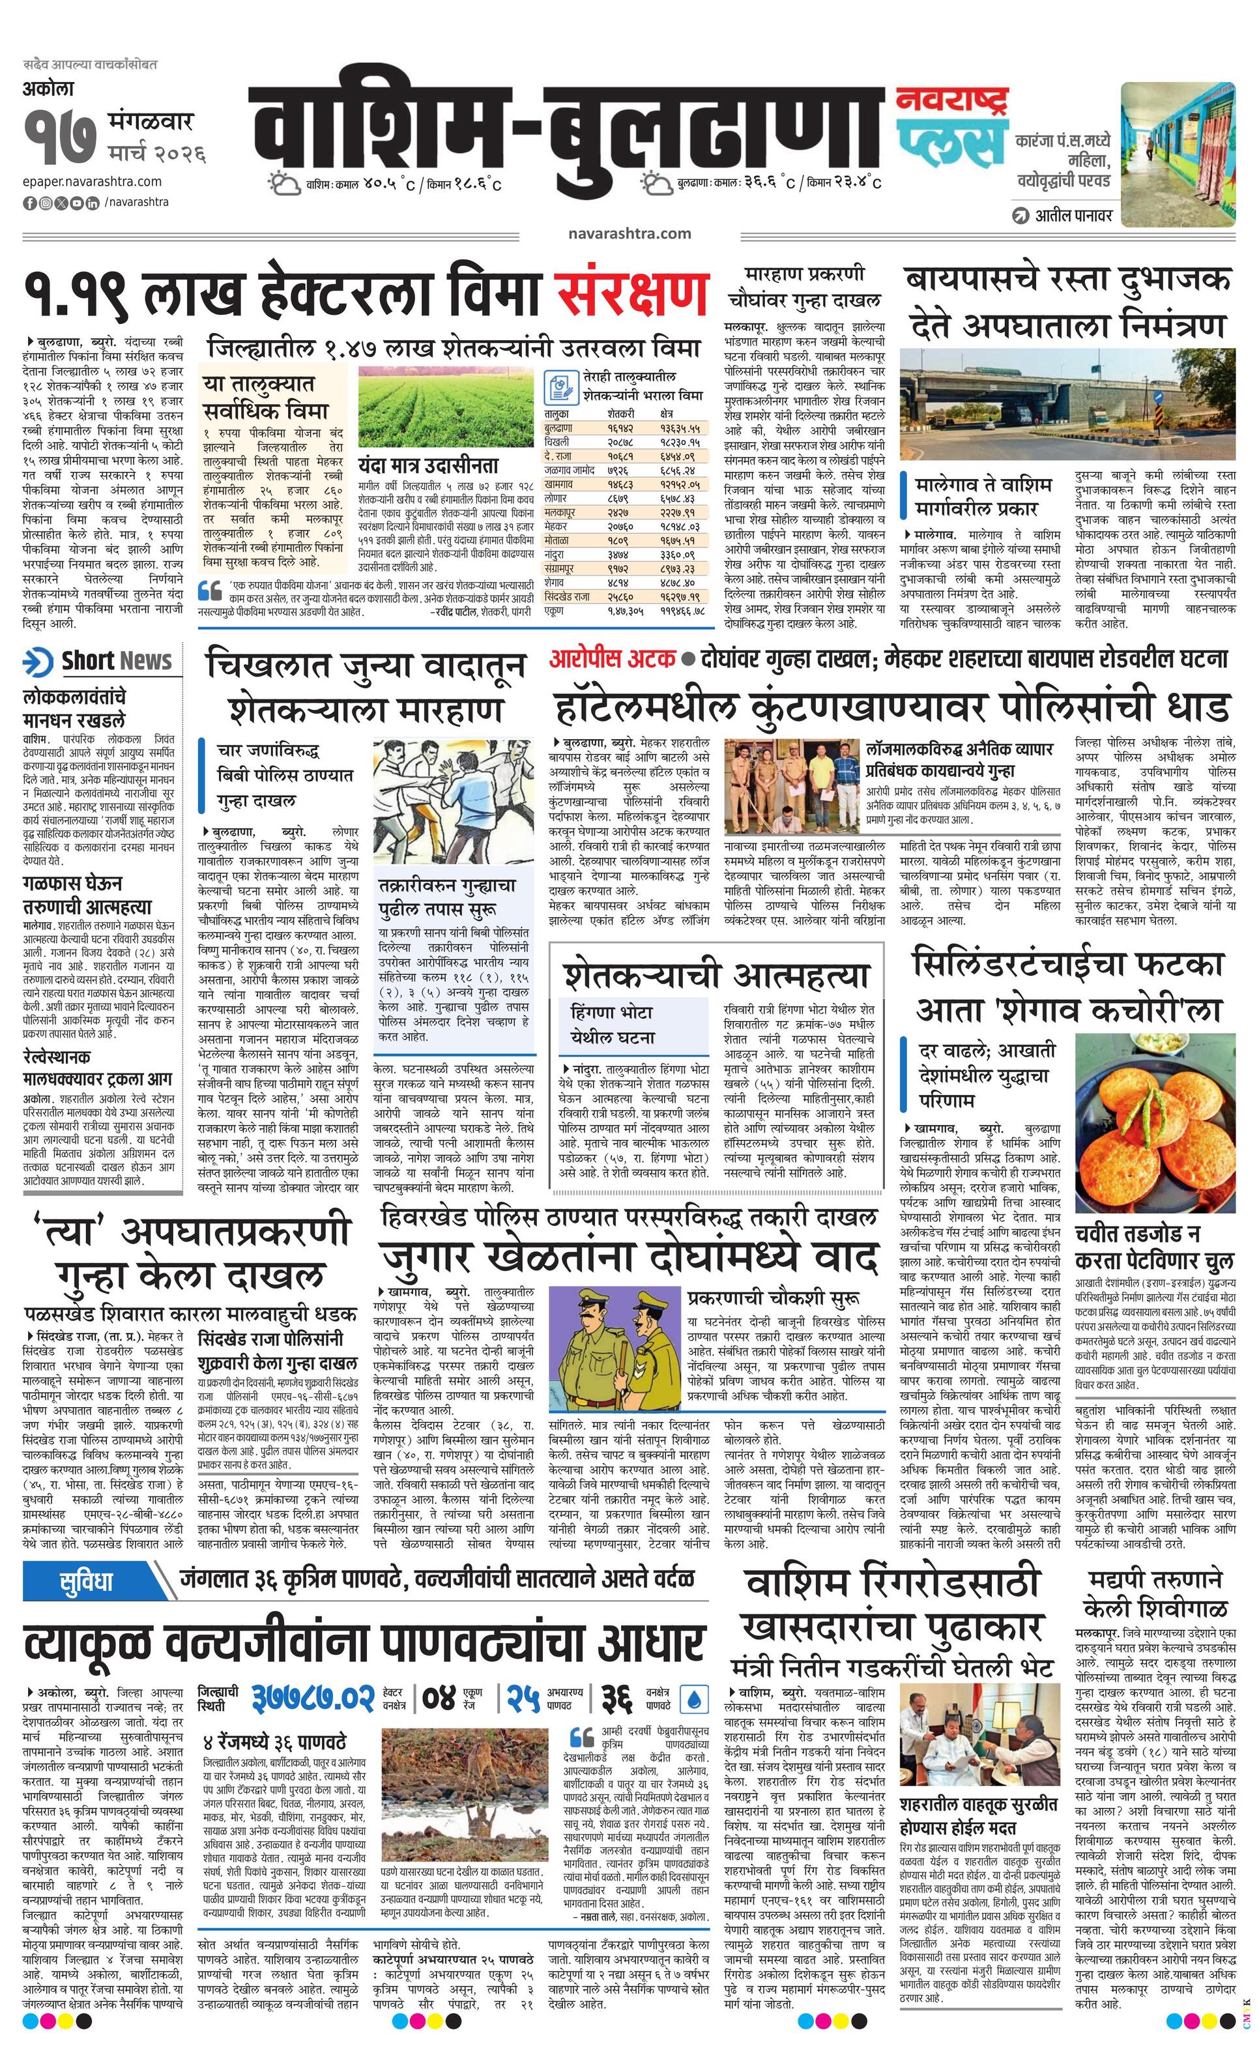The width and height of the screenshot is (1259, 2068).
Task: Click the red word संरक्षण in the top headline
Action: (x=629, y=294)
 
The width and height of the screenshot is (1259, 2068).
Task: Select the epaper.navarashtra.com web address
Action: (x=93, y=181)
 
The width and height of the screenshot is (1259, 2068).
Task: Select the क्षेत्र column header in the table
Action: (x=667, y=414)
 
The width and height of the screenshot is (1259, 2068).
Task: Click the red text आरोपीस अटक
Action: (x=612, y=660)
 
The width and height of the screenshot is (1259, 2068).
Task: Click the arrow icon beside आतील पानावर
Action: (x=1020, y=216)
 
